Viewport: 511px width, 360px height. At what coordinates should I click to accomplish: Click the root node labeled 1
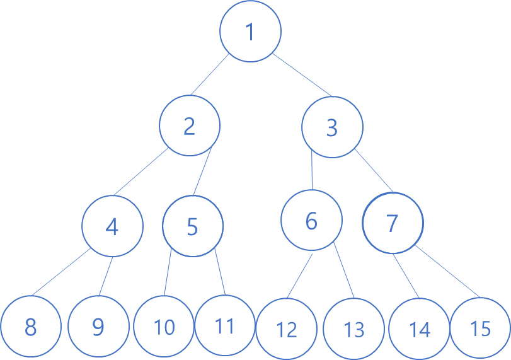coord(251,32)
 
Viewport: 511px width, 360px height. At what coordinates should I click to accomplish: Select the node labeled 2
coord(189,126)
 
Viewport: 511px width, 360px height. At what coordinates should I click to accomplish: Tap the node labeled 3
coord(332,127)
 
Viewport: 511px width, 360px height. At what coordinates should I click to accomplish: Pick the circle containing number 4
coord(112,226)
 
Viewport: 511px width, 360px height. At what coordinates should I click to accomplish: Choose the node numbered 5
coord(193,226)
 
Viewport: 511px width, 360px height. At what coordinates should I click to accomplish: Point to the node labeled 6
coord(311,221)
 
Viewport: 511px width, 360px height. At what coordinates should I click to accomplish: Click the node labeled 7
coord(393,223)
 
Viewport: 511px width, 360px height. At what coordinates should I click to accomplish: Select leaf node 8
coord(30,327)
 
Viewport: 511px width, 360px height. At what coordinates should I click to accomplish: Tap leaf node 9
coord(98,327)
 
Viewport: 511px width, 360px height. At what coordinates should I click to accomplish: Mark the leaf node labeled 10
coord(164,326)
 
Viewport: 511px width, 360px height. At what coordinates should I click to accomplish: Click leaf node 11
coord(225,325)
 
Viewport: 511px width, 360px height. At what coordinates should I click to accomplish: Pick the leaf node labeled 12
coord(287,328)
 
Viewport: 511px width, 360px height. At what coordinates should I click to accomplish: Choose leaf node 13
coord(354,328)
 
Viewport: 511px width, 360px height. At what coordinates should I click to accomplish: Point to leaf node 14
coord(419,328)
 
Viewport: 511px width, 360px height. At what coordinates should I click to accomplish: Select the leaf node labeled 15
coord(480,327)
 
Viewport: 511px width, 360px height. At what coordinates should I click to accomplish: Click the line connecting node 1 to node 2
coord(211,76)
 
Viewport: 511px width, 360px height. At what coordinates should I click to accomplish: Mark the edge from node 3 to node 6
coord(313,170)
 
